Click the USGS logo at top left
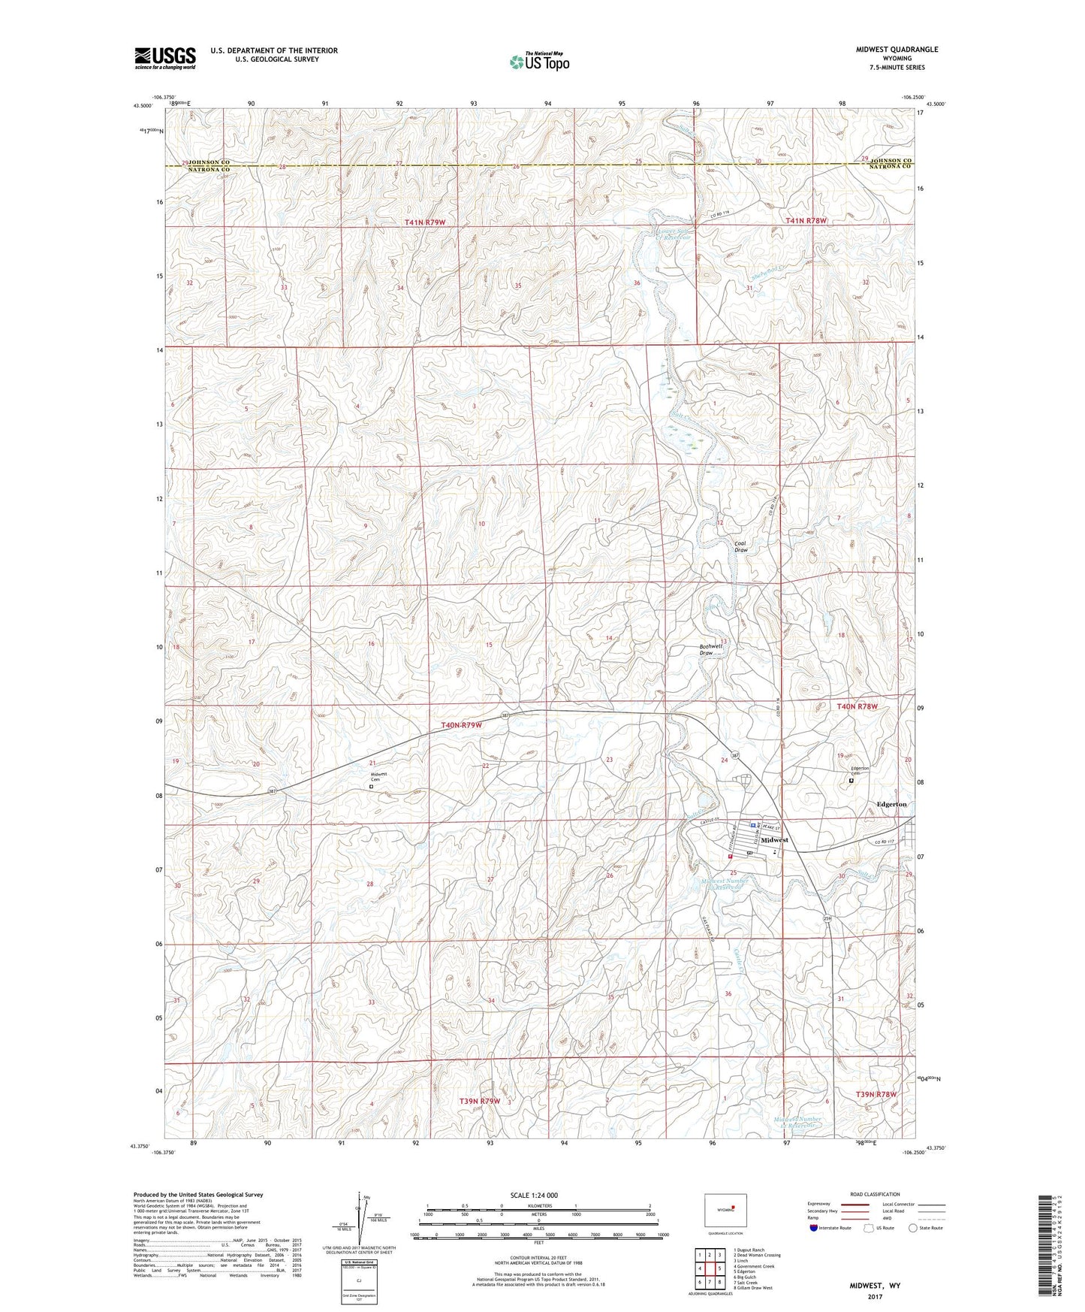click(165, 57)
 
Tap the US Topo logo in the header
click(538, 62)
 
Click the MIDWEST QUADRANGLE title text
click(897, 50)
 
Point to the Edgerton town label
click(891, 804)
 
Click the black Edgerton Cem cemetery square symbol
click(851, 781)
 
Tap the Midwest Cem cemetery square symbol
click(371, 787)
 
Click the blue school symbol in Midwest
click(753, 825)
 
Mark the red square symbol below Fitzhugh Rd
click(729, 856)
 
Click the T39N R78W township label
click(876, 1094)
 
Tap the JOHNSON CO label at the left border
click(209, 162)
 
